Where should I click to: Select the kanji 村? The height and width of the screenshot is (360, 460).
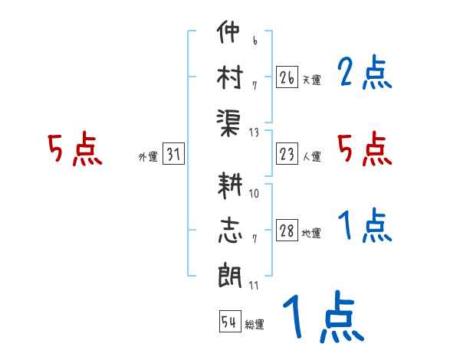(x=229, y=77)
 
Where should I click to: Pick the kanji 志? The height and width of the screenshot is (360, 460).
(x=229, y=231)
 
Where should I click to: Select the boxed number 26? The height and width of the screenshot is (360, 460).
(x=287, y=77)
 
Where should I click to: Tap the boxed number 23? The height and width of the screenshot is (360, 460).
(x=287, y=155)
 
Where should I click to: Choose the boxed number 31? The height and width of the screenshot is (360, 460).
(x=173, y=155)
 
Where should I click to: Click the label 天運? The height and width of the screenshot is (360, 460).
(x=311, y=80)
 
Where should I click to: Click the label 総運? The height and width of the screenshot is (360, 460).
(x=255, y=325)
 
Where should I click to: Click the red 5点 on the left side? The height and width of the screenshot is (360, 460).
(x=74, y=149)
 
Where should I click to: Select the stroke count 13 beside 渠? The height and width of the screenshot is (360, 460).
(x=255, y=132)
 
